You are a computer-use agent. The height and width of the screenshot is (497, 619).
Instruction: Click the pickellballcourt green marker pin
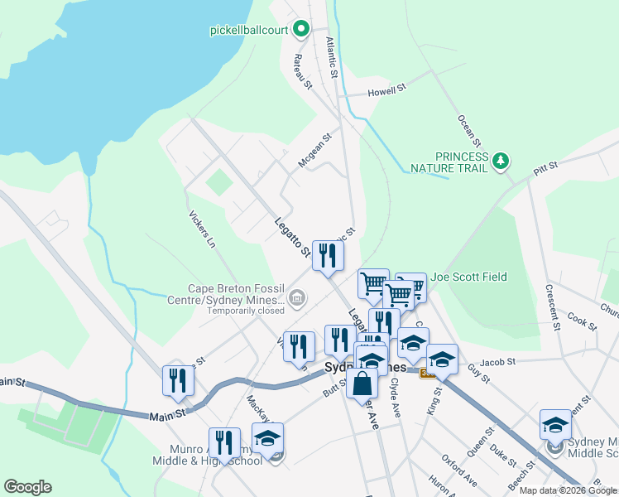click(x=301, y=30)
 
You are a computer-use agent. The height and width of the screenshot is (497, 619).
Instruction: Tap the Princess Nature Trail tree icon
click(x=500, y=160)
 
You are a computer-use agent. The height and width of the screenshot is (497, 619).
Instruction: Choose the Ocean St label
click(x=468, y=122)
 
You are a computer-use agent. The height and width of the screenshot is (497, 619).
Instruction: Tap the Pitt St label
click(x=545, y=169)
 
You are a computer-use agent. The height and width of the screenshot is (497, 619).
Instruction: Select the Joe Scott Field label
click(x=468, y=277)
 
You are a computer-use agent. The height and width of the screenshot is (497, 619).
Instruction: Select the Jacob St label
click(x=497, y=362)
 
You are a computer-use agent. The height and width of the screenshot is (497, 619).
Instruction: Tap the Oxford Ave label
click(x=459, y=469)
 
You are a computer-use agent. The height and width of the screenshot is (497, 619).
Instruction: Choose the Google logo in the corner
click(x=27, y=487)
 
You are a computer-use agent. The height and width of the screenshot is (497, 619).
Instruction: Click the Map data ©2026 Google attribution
click(x=568, y=490)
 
